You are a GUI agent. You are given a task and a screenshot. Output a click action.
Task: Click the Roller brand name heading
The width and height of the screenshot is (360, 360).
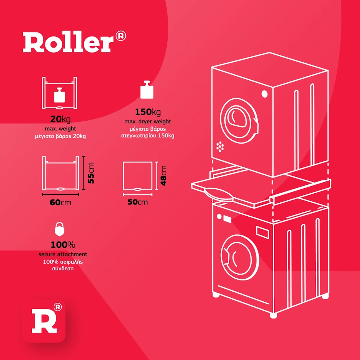click(x=68, y=42)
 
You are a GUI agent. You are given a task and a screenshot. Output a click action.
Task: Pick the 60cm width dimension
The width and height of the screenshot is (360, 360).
click(x=60, y=203)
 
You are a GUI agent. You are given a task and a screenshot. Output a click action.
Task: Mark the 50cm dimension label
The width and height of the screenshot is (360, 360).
click(x=138, y=202)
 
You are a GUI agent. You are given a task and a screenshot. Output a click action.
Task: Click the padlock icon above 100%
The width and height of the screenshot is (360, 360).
click(x=60, y=229)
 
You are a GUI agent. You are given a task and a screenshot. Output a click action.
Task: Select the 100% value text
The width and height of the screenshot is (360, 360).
click(x=63, y=245)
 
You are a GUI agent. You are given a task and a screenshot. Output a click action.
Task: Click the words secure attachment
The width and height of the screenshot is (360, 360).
click(x=63, y=255)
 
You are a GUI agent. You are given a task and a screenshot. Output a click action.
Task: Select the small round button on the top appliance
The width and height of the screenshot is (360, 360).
click(x=265, y=94)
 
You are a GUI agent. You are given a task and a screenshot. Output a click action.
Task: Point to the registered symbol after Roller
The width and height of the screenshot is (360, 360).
click(x=121, y=36)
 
